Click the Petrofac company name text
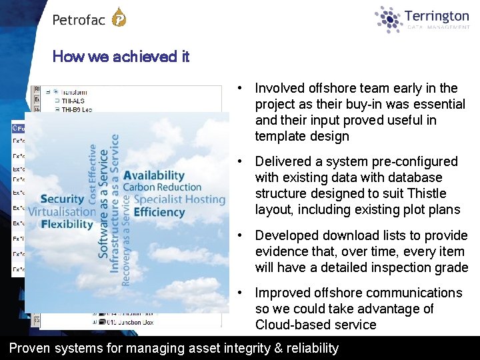pyautogui.click(x=79, y=20)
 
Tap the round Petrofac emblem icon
pyautogui.click(x=119, y=17)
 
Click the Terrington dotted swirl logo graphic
pyautogui.click(x=389, y=19)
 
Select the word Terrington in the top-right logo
pyautogui.click(x=437, y=16)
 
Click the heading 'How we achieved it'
pyautogui.click(x=121, y=57)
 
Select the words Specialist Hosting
pyautogui.click(x=179, y=199)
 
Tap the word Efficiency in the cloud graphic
pyautogui.click(x=159, y=212)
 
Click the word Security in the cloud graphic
pyautogui.click(x=62, y=199)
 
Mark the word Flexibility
pyautogui.click(x=67, y=224)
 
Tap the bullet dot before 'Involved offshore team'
pyautogui.click(x=239, y=88)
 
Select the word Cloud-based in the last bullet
pyautogui.click(x=289, y=325)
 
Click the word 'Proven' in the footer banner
pyautogui.click(x=27, y=348)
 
